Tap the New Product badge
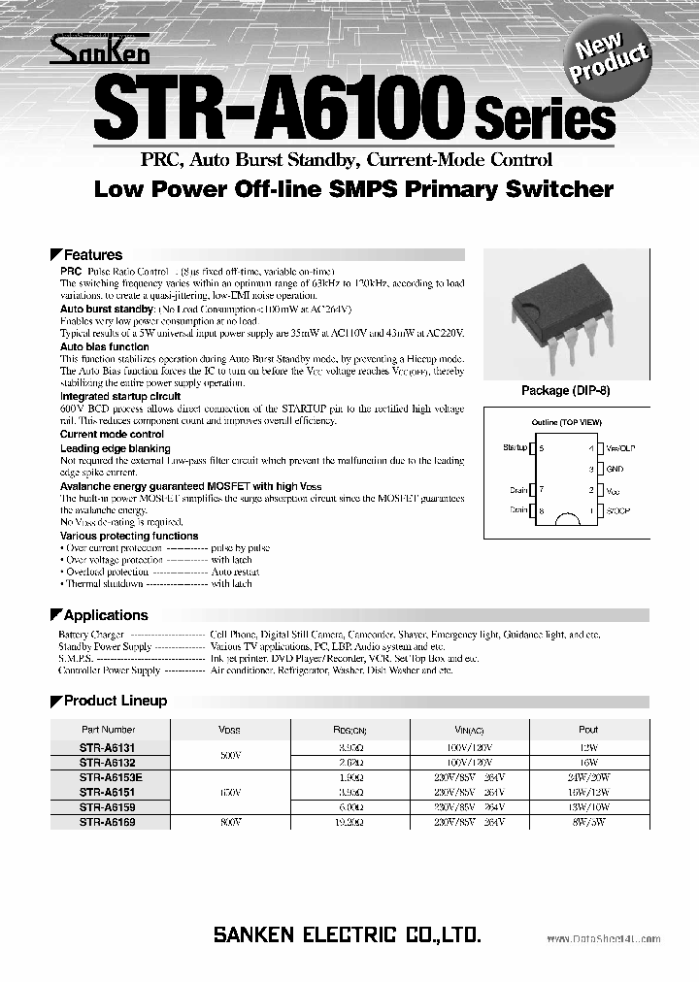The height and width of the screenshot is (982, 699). click(x=612, y=60)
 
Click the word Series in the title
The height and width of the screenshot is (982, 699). click(x=545, y=121)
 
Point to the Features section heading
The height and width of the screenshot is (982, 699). click(x=92, y=255)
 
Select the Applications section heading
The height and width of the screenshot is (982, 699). click(x=105, y=615)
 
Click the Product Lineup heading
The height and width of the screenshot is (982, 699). click(x=115, y=701)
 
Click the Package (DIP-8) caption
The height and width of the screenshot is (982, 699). click(x=572, y=391)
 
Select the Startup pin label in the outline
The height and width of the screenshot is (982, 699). click(x=515, y=448)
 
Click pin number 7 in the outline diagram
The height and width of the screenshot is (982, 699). click(x=541, y=490)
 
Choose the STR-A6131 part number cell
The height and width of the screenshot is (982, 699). click(x=108, y=748)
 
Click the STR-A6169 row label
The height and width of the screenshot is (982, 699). click(x=108, y=821)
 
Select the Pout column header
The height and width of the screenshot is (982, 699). click(x=588, y=730)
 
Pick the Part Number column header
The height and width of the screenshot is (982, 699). click(x=108, y=730)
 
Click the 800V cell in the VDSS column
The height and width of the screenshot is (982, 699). click(x=229, y=821)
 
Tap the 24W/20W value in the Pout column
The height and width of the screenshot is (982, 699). click(x=588, y=777)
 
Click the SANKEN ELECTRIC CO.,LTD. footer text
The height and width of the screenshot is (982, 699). click(x=347, y=935)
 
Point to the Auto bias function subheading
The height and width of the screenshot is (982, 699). click(x=105, y=346)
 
